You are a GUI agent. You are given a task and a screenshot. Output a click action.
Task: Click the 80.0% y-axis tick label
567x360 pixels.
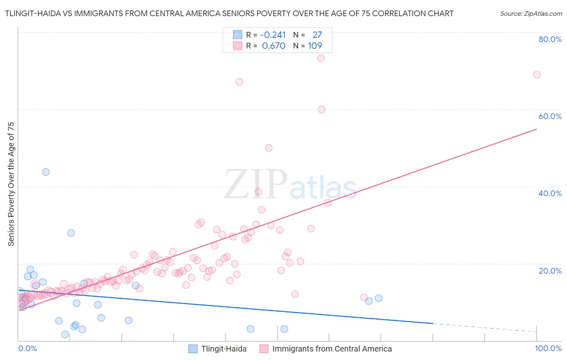pos(550,39)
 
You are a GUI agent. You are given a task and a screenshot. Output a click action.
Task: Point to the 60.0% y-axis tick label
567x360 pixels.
pos(550,116)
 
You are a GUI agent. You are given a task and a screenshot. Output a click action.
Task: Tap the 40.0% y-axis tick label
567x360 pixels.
pos(550,193)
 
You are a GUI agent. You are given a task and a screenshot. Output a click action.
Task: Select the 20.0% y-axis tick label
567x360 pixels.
pos(550,270)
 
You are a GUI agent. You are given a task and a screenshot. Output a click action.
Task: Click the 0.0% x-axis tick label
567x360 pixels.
pos(27,348)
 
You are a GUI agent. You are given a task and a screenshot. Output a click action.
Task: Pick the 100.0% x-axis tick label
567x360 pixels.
pos(548,348)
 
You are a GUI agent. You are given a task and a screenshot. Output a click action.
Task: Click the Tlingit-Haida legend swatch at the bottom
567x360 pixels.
pos(193,349)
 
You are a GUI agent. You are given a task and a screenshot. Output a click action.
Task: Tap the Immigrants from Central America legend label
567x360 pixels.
pos(332,349)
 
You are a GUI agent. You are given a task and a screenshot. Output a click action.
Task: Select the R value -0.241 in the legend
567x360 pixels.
pos(273,35)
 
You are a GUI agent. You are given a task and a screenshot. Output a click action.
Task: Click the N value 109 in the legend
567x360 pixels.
pos(315,46)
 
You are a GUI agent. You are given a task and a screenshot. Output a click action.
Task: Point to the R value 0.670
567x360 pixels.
pos(274,46)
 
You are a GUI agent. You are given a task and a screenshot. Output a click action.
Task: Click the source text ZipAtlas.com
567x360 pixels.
pos(531,13)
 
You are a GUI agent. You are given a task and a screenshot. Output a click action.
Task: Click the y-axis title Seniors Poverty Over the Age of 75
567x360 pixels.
pos(11,184)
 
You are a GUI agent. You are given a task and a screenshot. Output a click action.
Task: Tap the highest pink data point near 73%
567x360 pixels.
pos(321,58)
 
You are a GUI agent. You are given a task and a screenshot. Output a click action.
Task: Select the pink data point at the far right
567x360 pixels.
pos(537,75)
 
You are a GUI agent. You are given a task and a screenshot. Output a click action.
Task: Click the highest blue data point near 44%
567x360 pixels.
pos(46,172)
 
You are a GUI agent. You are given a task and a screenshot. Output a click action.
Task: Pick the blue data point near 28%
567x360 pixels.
pos(71,233)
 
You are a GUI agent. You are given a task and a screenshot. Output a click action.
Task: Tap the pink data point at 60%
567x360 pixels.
pos(321,109)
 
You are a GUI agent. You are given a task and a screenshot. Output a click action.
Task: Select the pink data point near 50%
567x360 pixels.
pos(269,148)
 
